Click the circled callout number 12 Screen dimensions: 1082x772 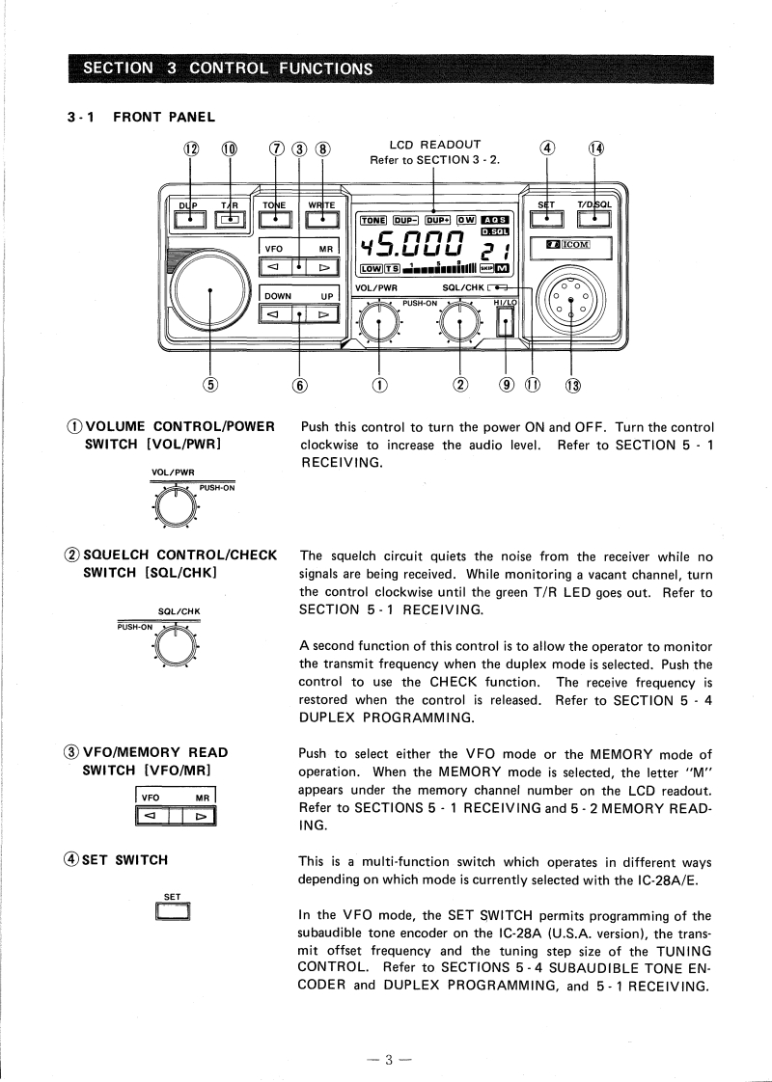click(190, 149)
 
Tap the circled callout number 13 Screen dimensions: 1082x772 click(573, 386)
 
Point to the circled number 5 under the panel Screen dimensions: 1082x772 click(210, 386)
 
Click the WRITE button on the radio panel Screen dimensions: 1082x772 click(321, 220)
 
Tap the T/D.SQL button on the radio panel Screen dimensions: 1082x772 click(594, 220)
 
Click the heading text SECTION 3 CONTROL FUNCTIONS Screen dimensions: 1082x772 click(228, 68)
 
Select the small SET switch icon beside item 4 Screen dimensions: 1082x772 click(172, 910)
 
